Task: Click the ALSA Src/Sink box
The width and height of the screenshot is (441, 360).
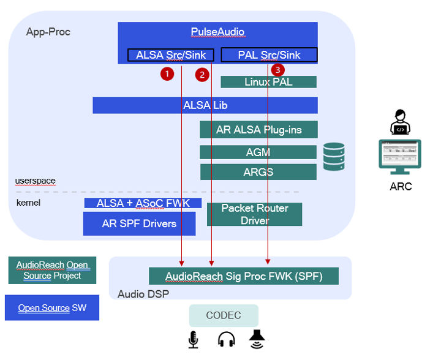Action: point(171,55)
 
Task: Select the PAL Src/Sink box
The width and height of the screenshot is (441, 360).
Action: point(269,55)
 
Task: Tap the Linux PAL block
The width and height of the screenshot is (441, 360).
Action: point(268,81)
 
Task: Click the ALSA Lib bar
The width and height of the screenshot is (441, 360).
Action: point(205,105)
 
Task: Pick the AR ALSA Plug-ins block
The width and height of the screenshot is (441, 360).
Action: point(258,130)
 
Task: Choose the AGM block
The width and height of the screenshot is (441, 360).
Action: point(258,152)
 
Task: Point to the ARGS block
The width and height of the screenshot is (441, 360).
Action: point(258,171)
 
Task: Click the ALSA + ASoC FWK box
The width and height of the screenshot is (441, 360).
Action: point(143,203)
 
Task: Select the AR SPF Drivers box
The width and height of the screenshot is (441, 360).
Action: point(139,223)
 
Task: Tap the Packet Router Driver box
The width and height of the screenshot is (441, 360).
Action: point(254,214)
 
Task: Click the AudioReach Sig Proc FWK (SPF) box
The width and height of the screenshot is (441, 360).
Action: point(244,276)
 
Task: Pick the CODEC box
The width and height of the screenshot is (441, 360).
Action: point(224,315)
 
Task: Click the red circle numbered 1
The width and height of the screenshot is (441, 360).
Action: point(167,74)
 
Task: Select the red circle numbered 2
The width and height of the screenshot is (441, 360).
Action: point(202,75)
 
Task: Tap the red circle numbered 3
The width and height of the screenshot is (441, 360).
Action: point(278,70)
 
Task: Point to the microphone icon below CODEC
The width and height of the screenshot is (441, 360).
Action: point(194,339)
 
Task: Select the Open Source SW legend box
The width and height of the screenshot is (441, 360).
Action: point(52,308)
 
